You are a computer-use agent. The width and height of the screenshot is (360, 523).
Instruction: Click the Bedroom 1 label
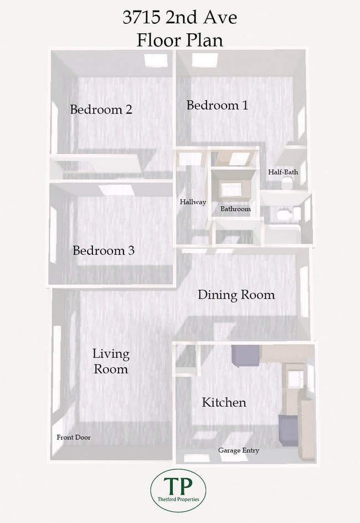pos(217,105)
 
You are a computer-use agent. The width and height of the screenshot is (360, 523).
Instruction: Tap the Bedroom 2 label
pos(101,109)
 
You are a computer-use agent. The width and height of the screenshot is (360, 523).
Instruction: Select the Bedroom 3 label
pos(104,250)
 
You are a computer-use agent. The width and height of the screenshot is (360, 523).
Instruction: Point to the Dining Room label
pos(236,295)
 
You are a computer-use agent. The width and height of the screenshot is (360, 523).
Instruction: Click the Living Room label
pos(111,361)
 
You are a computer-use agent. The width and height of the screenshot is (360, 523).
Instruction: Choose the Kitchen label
pos(224,402)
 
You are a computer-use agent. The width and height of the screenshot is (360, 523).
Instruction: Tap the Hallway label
pos(193,202)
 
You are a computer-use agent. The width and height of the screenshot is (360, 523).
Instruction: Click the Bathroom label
pos(235,209)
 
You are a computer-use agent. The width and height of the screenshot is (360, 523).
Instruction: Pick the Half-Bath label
pos(283,172)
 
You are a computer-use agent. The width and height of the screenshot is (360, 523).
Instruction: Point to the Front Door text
pos(74,437)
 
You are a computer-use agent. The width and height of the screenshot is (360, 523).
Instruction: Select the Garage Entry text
pos(239,450)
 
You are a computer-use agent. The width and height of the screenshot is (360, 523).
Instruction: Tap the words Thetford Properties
pos(178,499)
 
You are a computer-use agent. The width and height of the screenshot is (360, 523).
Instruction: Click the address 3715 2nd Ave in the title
pos(179,17)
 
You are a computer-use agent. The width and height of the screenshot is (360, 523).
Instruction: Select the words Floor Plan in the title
pos(179,40)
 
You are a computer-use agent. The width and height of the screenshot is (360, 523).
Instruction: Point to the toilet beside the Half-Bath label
pos(287,183)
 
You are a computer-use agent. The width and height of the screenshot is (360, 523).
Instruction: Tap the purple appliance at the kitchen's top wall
pos(245,356)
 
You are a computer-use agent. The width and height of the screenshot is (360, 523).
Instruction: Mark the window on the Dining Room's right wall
pos(304,291)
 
